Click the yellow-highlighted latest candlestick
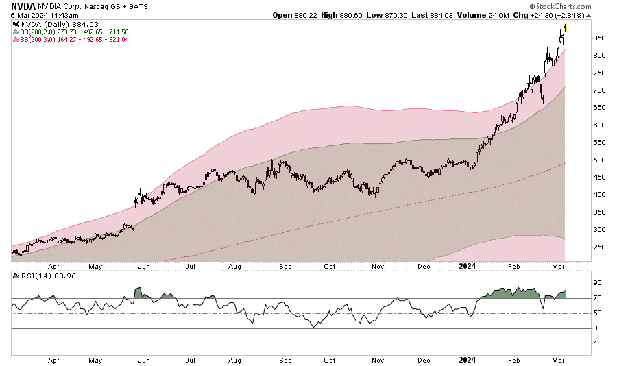coord(564,28)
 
